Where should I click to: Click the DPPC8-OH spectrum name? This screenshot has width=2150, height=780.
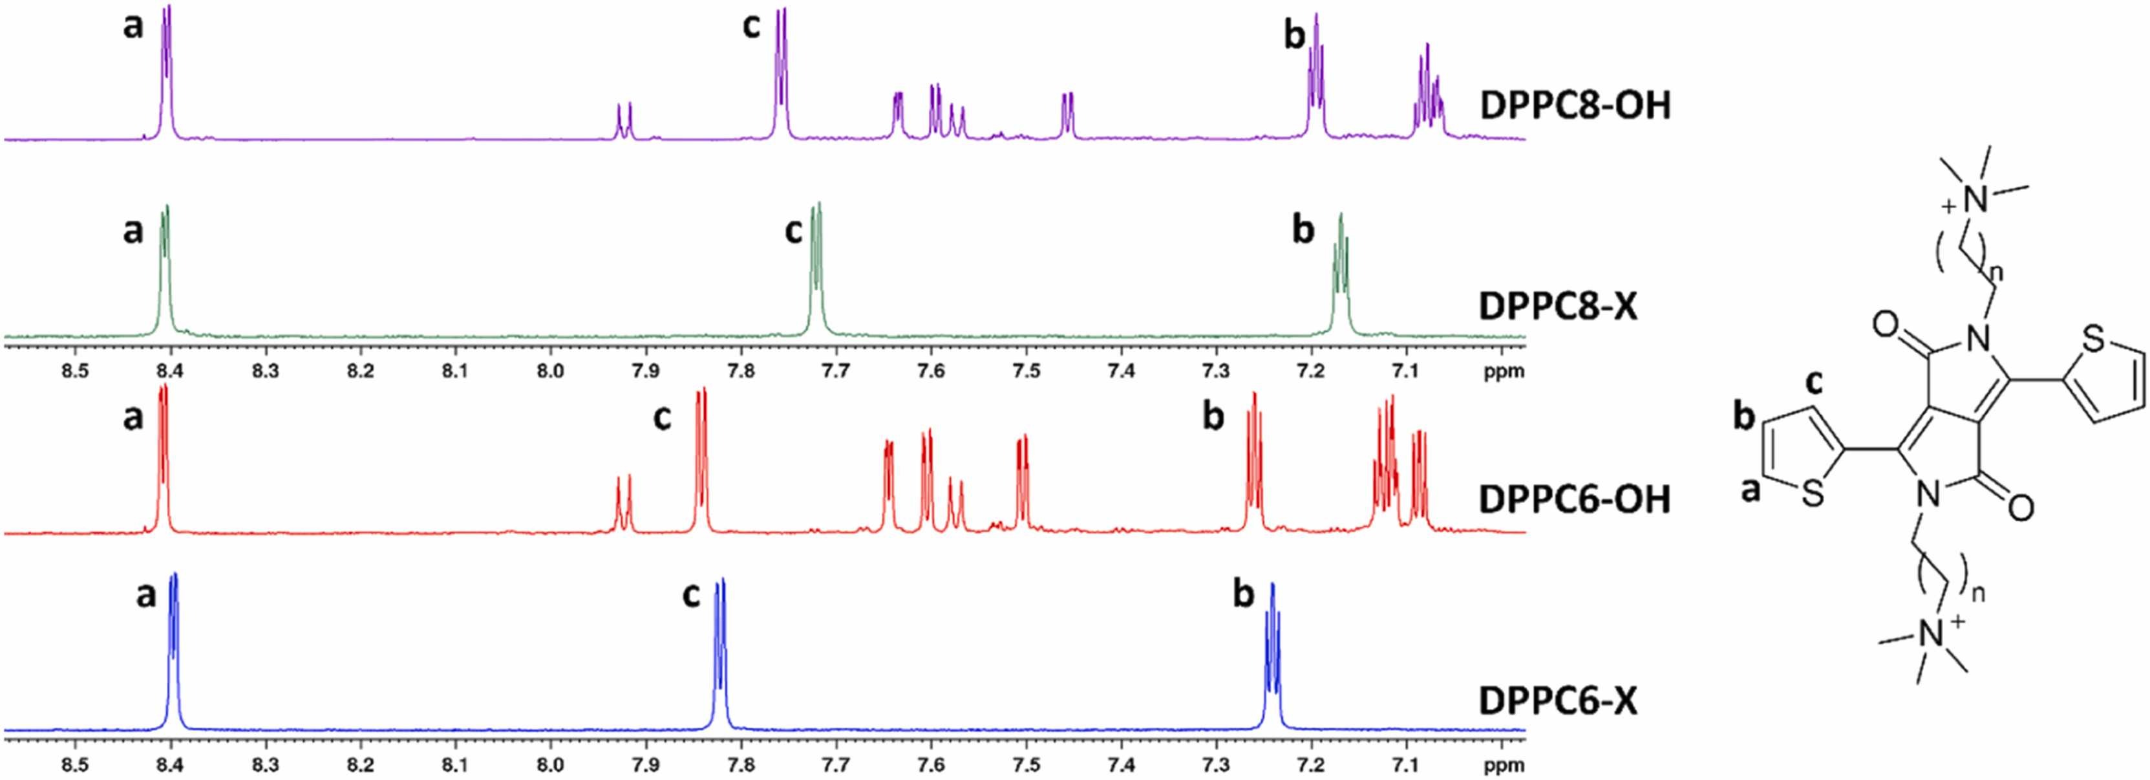pos(1574,106)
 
